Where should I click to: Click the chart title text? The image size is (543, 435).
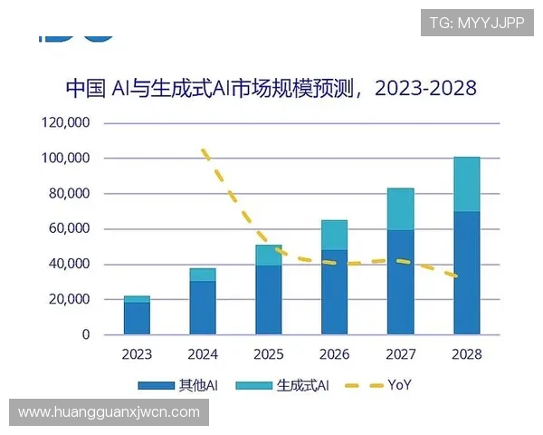click(271, 88)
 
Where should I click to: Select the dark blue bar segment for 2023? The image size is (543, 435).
click(137, 318)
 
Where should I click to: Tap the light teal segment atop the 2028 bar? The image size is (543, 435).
click(466, 184)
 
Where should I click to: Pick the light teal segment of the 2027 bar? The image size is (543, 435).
click(400, 209)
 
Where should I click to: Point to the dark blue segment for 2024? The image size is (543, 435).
click(203, 307)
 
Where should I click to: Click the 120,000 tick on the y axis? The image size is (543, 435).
click(67, 122)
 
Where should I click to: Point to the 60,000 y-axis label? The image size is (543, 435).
click(71, 228)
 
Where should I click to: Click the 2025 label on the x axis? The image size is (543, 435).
click(269, 354)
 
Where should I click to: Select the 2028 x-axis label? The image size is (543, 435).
click(466, 354)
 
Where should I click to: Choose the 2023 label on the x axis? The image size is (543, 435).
click(137, 354)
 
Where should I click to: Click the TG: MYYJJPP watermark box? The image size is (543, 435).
click(476, 22)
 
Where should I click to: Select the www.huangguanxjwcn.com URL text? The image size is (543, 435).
click(109, 412)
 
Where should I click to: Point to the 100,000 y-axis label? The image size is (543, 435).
click(67, 158)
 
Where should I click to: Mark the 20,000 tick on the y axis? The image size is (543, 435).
click(71, 299)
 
